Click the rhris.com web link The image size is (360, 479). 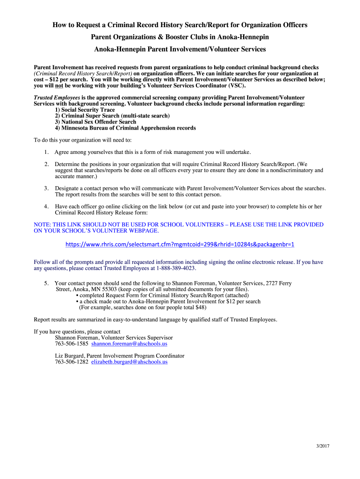pos(180,245)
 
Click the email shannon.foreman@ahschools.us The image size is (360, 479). pos(129,344)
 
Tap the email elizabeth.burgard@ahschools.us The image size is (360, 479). pos(129,362)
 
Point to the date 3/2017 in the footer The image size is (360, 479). pos(323,446)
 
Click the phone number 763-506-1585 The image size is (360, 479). pos(72,344)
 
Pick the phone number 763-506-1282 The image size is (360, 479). pos(72,362)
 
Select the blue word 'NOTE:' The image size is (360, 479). pos(43,225)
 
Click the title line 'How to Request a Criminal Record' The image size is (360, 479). pos(180,25)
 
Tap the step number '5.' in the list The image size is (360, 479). pos(47,283)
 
